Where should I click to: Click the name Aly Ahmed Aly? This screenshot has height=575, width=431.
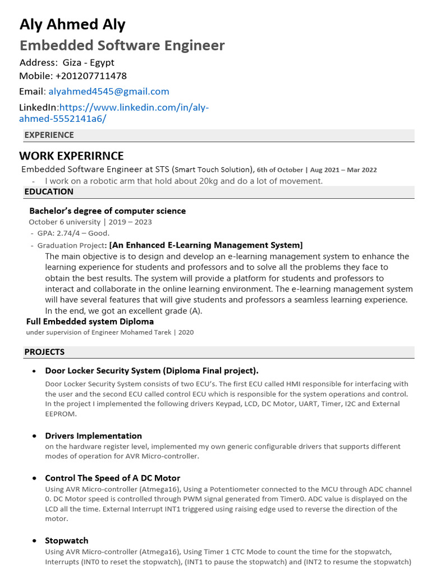pyautogui.click(x=72, y=25)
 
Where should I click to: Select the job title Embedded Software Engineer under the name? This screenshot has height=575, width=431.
pyautogui.click(x=122, y=45)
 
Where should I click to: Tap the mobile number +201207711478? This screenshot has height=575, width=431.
pyautogui.click(x=91, y=76)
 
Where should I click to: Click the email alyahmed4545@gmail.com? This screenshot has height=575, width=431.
pyautogui.click(x=108, y=92)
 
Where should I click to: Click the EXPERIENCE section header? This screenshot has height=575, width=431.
pyautogui.click(x=49, y=135)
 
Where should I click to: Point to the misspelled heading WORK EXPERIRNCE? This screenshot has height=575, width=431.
pyautogui.click(x=71, y=156)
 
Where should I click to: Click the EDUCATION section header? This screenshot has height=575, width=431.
pyautogui.click(x=49, y=191)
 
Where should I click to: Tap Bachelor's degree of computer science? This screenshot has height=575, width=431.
pyautogui.click(x=107, y=211)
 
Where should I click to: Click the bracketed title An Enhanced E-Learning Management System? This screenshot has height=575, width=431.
pyautogui.click(x=206, y=245)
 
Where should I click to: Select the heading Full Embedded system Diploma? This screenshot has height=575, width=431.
pyautogui.click(x=90, y=322)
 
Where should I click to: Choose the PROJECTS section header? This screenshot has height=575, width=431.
pyautogui.click(x=44, y=352)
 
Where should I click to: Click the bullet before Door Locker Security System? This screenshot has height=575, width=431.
pyautogui.click(x=34, y=371)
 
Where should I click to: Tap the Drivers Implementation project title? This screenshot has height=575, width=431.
pyautogui.click(x=93, y=436)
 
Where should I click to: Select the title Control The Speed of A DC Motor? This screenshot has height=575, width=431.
pyautogui.click(x=112, y=478)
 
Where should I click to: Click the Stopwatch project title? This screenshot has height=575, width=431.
pyautogui.click(x=66, y=540)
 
